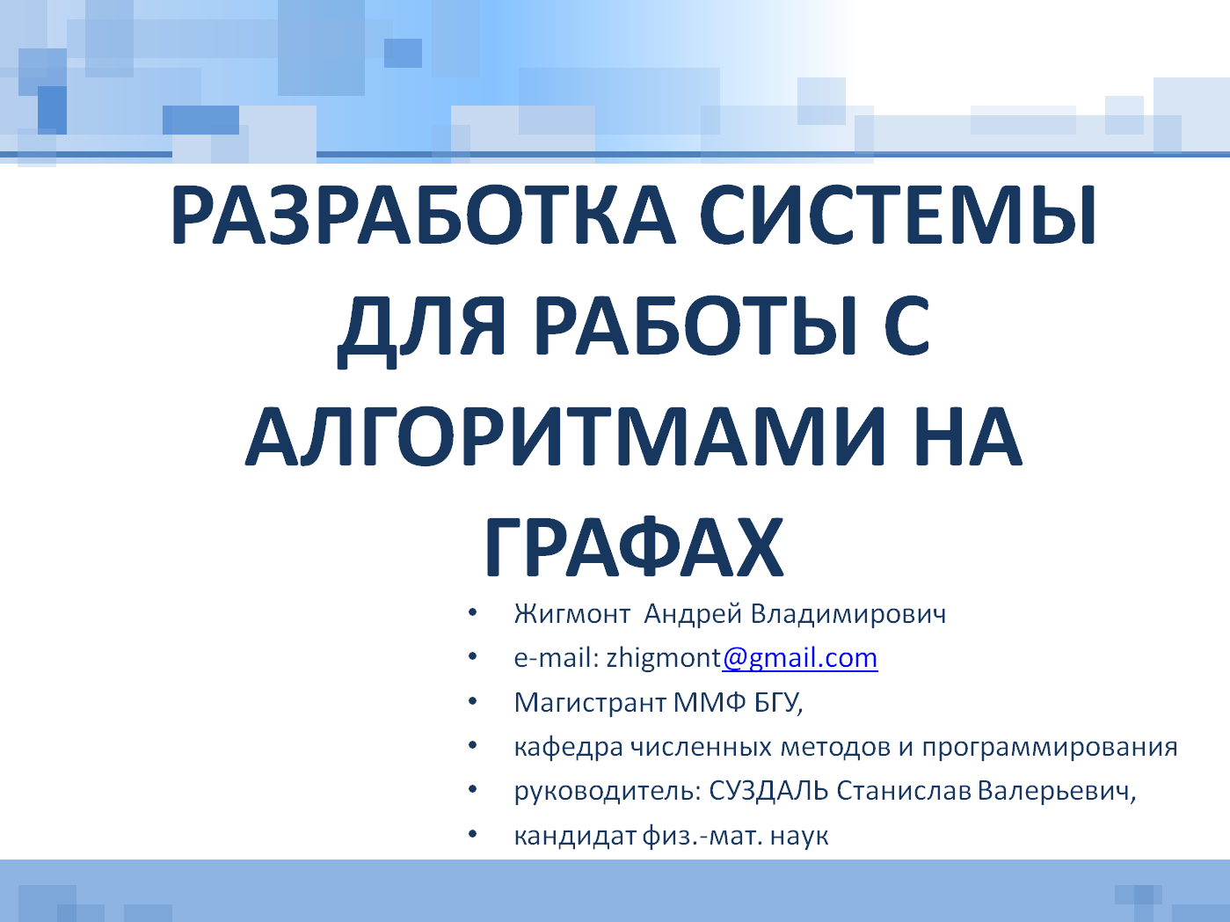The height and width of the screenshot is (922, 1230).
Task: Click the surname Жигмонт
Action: pyautogui.click(x=572, y=614)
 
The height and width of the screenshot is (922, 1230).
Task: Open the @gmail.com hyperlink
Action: pyautogui.click(x=800, y=660)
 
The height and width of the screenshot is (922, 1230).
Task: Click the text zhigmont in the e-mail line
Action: pyautogui.click(x=664, y=660)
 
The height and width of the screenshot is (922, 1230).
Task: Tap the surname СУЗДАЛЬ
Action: pyautogui.click(x=768, y=792)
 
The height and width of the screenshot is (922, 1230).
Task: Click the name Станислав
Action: pyautogui.click(x=904, y=792)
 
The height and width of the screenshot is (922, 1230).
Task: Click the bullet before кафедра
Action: pyautogui.click(x=472, y=745)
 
